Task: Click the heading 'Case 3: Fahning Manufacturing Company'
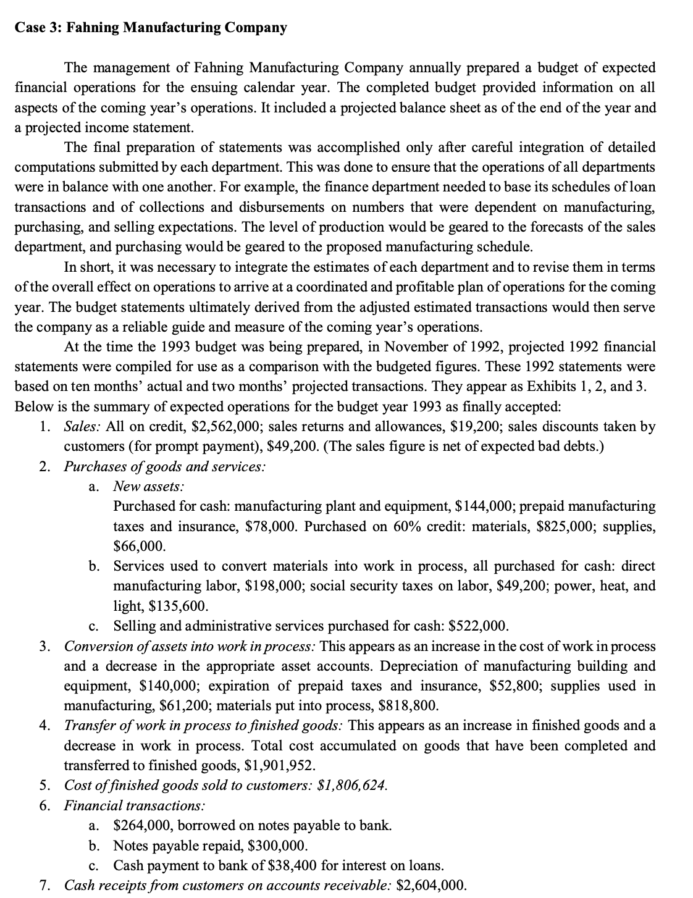click(x=151, y=28)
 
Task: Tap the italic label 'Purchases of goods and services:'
click(x=165, y=466)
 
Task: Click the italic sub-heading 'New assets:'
click(x=148, y=486)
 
